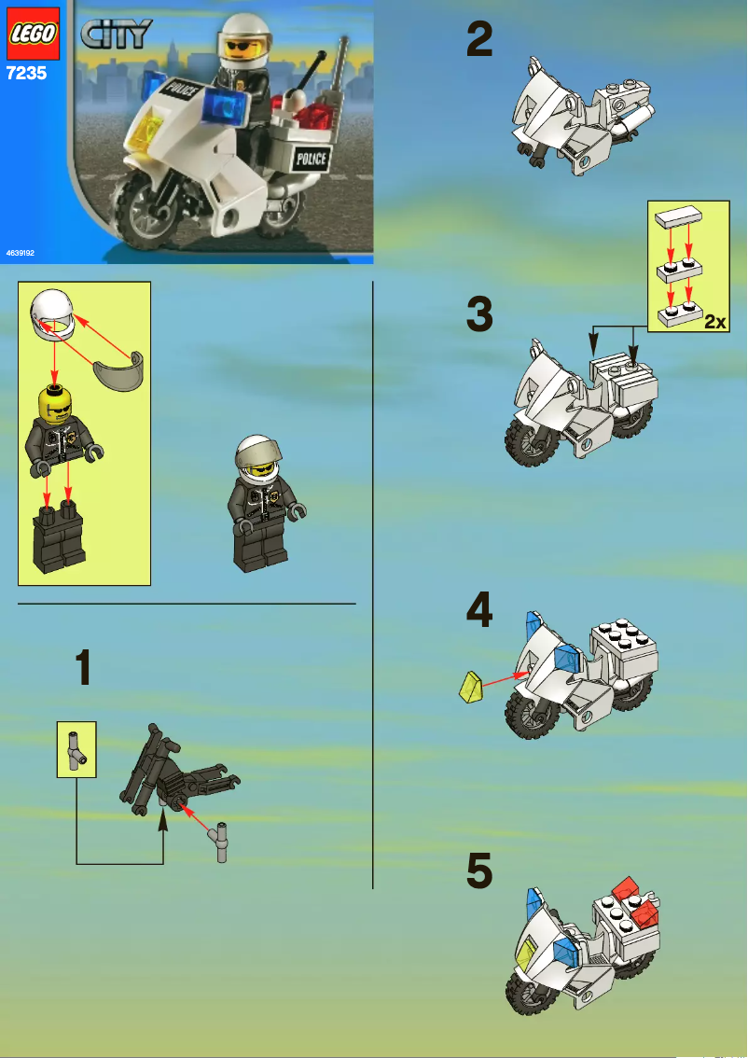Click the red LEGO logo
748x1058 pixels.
[34, 34]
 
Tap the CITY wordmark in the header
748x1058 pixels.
[117, 35]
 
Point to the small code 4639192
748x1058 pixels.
[19, 253]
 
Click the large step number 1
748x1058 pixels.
[84, 669]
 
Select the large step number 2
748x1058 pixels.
[479, 41]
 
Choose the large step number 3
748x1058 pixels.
[479, 314]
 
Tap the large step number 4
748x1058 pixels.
[479, 611]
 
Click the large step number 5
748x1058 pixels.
[479, 872]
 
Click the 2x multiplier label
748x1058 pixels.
[714, 322]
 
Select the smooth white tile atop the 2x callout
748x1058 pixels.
[678, 217]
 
